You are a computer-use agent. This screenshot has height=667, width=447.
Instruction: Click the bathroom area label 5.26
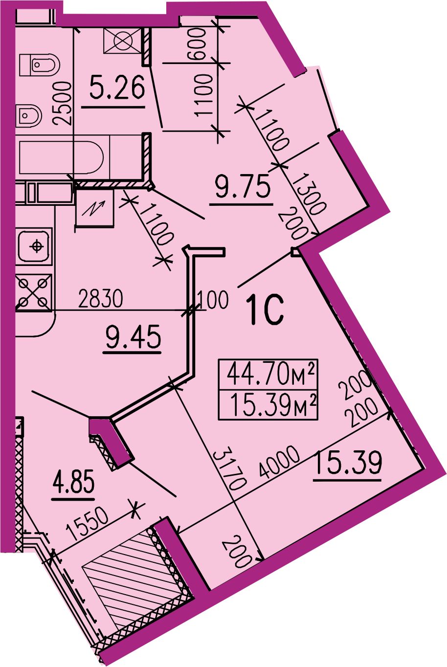coord(117,87)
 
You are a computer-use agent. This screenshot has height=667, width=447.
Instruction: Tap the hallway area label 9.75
coord(243,186)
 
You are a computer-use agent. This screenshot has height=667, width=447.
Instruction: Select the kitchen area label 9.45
coord(133,336)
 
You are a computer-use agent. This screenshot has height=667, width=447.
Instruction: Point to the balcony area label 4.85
coord(73,482)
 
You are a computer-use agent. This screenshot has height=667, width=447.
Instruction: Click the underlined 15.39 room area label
coord(347,463)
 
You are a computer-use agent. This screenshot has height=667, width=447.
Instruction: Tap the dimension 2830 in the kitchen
coord(100,299)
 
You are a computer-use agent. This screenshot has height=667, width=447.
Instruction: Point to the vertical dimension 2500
coord(62,103)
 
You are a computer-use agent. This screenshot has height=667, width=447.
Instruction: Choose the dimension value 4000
coord(279,462)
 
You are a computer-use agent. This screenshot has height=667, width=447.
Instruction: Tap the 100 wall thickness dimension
coord(213,300)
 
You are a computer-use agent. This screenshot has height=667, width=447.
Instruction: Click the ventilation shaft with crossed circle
coord(122,41)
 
